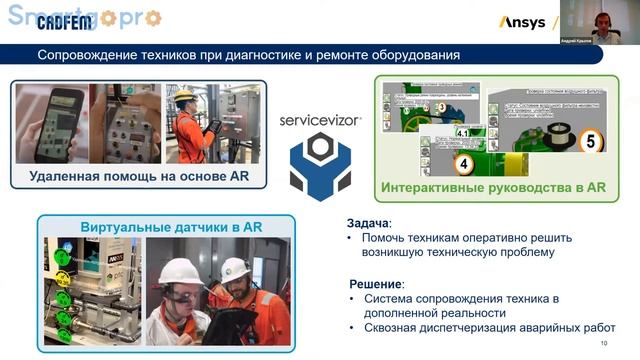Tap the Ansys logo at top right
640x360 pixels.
point(521,21)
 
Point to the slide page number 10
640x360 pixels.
point(603,344)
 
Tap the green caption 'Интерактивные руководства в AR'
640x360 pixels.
point(493,187)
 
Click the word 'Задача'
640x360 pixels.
point(368,223)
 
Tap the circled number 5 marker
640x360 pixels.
point(589,142)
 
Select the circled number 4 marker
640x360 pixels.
point(463,162)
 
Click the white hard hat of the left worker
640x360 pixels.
point(182,270)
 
